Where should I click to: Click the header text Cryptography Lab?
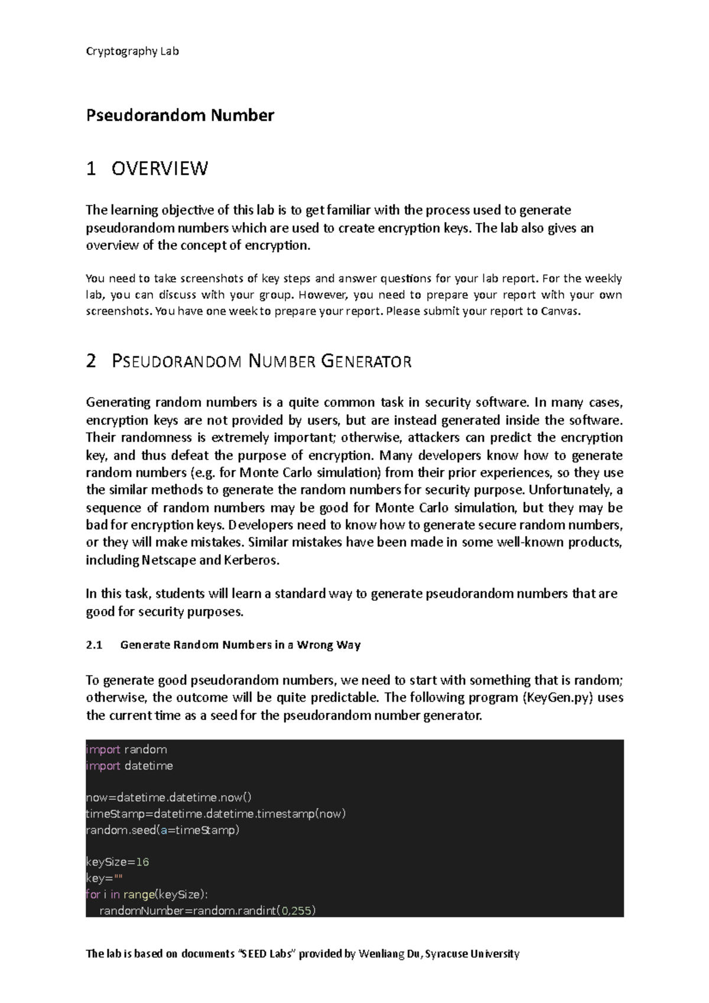(x=132, y=51)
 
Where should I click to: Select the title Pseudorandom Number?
(x=180, y=115)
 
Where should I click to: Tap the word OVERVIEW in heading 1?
(x=160, y=169)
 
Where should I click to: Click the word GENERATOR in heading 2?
(x=366, y=362)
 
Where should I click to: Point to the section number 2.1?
(x=95, y=645)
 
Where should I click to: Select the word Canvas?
(x=560, y=311)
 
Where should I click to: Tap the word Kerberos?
(x=251, y=560)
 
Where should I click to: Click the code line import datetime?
(x=129, y=766)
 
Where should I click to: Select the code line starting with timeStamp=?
(x=216, y=814)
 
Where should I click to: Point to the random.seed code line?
(x=162, y=830)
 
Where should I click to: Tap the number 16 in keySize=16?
(x=142, y=862)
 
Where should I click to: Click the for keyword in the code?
(x=92, y=894)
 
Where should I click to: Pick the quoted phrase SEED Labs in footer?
(x=266, y=953)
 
